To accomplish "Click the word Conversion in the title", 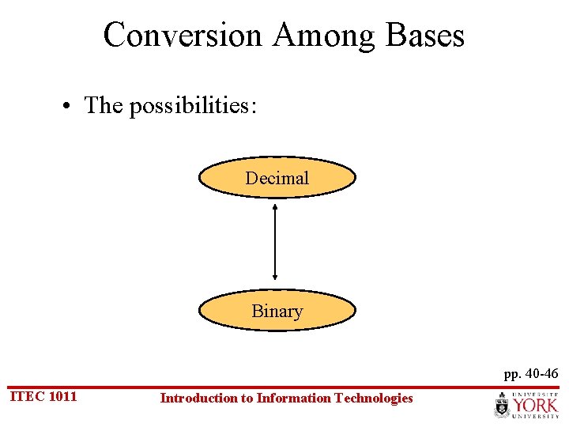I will [x=182, y=36].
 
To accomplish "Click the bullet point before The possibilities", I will [x=71, y=106].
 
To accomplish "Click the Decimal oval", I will [x=277, y=178].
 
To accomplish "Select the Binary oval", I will [x=277, y=311].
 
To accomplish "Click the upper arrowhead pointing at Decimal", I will [x=275, y=206].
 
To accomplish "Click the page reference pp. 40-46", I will [x=531, y=373].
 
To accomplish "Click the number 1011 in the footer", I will [x=62, y=396].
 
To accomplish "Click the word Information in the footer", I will [x=297, y=399].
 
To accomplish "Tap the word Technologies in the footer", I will [x=374, y=399].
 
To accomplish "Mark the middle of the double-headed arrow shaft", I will [x=275, y=242].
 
